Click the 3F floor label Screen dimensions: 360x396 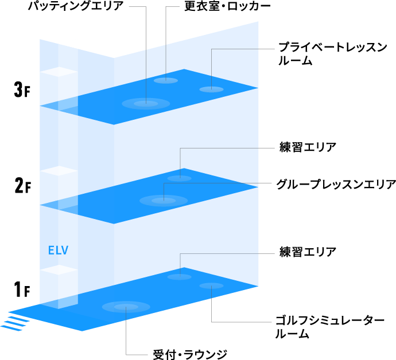pyautogui.click(x=21, y=90)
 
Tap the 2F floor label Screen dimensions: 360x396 pyautogui.click(x=21, y=186)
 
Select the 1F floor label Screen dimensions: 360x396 pyautogui.click(x=21, y=290)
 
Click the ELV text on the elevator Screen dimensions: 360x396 pyautogui.click(x=59, y=251)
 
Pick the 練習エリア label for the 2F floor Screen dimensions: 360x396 pyautogui.click(x=308, y=147)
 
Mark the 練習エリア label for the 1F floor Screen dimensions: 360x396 pyautogui.click(x=308, y=252)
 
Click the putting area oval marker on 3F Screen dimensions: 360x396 pyautogui.click(x=146, y=104)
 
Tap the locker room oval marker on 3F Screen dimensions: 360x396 pyautogui.click(x=166, y=80)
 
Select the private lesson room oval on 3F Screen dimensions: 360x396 pyautogui.click(x=211, y=89)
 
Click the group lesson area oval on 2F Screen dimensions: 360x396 pyautogui.click(x=164, y=201)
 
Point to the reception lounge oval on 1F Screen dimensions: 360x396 pyautogui.click(x=126, y=307)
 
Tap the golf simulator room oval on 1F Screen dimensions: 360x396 pyautogui.click(x=211, y=285)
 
